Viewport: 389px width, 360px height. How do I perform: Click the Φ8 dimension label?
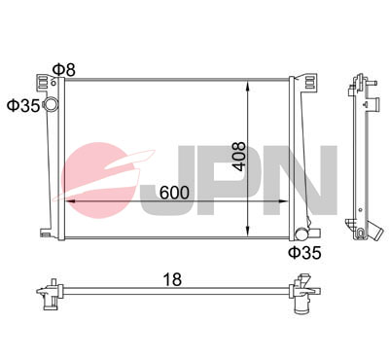(64, 70)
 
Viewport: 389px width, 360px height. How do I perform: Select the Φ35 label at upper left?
(23, 105)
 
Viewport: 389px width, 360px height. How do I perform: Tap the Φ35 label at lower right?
(304, 253)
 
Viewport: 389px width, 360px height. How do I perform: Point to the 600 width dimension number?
(174, 193)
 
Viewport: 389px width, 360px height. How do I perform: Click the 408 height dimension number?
(240, 157)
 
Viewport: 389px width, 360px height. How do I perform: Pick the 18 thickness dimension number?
(172, 279)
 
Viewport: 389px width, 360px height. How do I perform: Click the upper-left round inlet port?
(51, 104)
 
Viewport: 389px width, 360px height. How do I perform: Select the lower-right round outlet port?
(301, 234)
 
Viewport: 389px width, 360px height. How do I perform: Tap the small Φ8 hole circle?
(53, 83)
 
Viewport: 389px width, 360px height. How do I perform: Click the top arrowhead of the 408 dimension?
(247, 85)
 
